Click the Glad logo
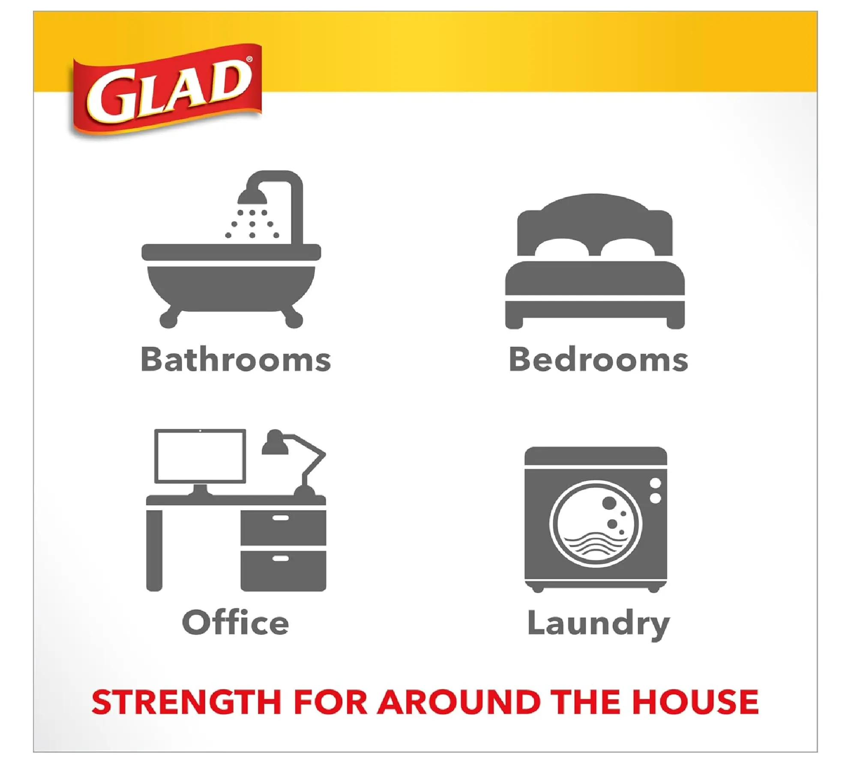[x=166, y=91]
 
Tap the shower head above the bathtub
[x=252, y=197]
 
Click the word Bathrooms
[x=236, y=359]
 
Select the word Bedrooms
[x=598, y=359]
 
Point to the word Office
[x=236, y=622]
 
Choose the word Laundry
[x=598, y=625]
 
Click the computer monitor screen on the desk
[x=200, y=456]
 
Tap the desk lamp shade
[x=274, y=442]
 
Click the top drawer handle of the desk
[x=281, y=518]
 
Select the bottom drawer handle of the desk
[x=281, y=559]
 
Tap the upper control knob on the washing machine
[x=655, y=483]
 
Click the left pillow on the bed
[x=562, y=248]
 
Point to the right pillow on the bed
[x=628, y=248]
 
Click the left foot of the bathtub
[x=169, y=317]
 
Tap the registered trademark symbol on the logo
[x=249, y=60]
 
